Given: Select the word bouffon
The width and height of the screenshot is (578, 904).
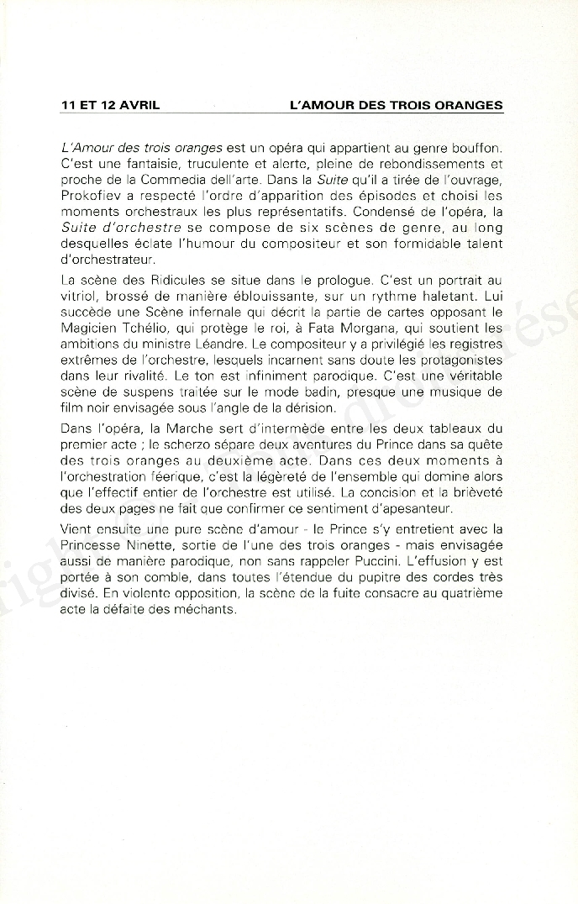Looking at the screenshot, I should click(478, 148).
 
